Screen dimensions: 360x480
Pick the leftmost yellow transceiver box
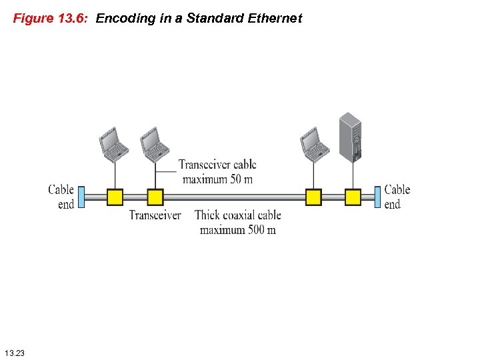click(x=115, y=197)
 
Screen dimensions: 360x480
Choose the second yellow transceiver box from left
click(x=155, y=197)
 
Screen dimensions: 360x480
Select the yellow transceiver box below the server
click(x=353, y=197)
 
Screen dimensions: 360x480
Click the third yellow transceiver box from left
click(x=313, y=197)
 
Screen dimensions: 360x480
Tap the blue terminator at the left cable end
click(x=81, y=197)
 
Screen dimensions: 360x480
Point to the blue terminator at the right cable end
click(x=378, y=197)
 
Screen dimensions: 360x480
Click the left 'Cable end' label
click(x=61, y=197)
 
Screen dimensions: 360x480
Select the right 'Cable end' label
click(x=397, y=197)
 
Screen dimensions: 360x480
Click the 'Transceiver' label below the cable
click(x=155, y=215)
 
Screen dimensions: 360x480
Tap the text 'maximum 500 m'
click(x=237, y=230)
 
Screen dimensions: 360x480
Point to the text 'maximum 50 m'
click(x=217, y=179)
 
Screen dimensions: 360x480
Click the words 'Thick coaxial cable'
click(x=238, y=215)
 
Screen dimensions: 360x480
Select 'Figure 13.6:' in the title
click(x=51, y=19)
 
